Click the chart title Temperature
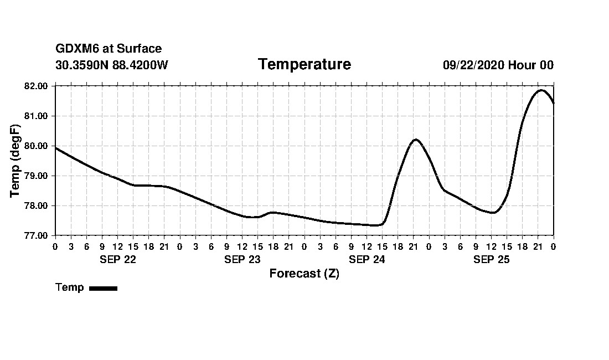click(x=304, y=64)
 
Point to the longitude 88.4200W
click(x=140, y=65)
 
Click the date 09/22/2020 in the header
click(x=473, y=65)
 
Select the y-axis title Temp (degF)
click(x=15, y=161)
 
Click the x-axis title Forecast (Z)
click(x=304, y=274)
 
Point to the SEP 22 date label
click(x=118, y=260)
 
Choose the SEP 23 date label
click(x=242, y=260)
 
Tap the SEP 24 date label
click(x=367, y=260)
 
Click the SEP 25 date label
click(x=491, y=260)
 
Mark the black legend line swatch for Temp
click(x=103, y=288)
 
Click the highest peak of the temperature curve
click(x=541, y=90)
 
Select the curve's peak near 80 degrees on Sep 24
click(x=415, y=140)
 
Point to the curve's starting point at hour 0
click(x=56, y=148)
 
